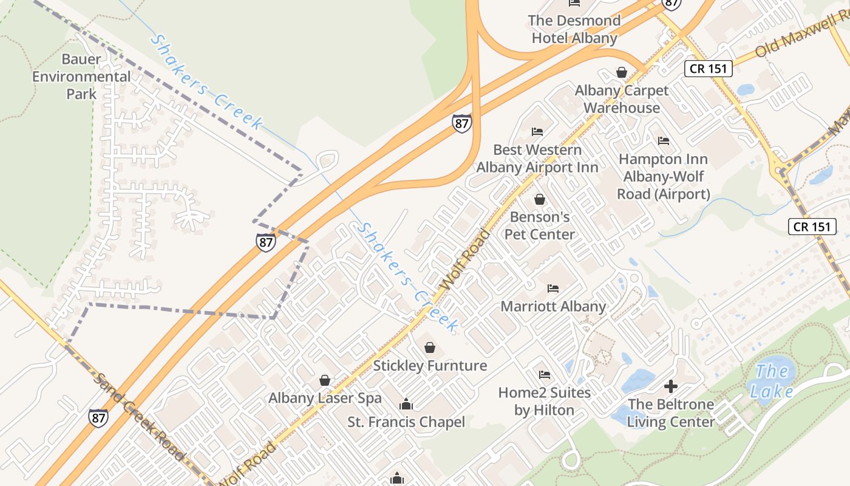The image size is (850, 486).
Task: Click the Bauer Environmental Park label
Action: point(81,77)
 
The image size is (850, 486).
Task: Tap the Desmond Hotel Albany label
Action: point(574,29)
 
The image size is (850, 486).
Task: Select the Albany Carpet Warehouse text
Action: point(622,99)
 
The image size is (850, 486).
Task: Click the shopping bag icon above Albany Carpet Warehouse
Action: point(622,72)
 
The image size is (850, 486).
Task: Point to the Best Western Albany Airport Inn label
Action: point(537,159)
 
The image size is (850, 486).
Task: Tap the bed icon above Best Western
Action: point(537,131)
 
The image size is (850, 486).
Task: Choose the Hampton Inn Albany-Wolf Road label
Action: point(663,176)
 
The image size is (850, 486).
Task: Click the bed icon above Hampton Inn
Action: point(664,141)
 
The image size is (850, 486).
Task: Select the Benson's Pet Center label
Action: point(540,225)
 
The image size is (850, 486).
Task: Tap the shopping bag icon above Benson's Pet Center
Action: point(539,199)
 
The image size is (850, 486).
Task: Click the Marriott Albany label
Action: point(553,306)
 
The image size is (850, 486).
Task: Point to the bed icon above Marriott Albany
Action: point(553,288)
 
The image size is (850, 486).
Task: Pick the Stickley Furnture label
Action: point(430,366)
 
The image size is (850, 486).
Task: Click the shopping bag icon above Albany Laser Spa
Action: point(325,380)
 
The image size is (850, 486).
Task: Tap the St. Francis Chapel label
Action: point(406,422)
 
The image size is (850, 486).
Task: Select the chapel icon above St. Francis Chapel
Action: point(406,404)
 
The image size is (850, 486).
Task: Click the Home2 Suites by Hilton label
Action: point(545,401)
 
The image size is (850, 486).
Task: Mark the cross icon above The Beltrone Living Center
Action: point(671,386)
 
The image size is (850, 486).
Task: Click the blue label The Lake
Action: point(772,381)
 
